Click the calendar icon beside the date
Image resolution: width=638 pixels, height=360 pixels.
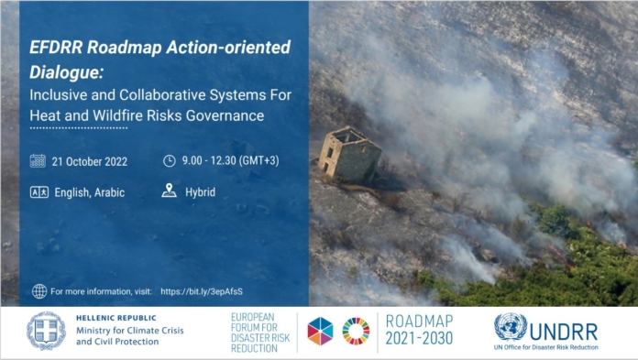pos(38,160)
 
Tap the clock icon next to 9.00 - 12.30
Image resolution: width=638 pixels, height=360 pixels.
pos(170,160)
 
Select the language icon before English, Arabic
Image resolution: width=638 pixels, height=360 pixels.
pos(39,192)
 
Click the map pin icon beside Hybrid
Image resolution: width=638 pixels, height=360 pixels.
pos(169,191)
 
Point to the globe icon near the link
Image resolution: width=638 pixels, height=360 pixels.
pos(39,291)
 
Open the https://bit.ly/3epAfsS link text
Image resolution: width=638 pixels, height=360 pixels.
pos(202,291)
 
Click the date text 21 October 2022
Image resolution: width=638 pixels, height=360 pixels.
pos(90,161)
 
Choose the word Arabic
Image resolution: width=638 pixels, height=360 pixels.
pos(109,192)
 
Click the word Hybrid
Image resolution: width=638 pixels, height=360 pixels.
pos(200,192)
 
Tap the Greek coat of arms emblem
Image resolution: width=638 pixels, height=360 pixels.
pos(46,331)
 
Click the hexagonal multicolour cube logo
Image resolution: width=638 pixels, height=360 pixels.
pos(320,331)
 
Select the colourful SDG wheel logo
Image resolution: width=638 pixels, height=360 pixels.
pos(356,331)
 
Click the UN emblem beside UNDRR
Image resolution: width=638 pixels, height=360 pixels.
pos(511,327)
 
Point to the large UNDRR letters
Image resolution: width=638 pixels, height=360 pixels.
pos(564,333)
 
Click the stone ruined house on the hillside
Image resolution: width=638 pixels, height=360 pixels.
pos(349,155)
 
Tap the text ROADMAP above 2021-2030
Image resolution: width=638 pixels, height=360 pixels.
pos(419,322)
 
